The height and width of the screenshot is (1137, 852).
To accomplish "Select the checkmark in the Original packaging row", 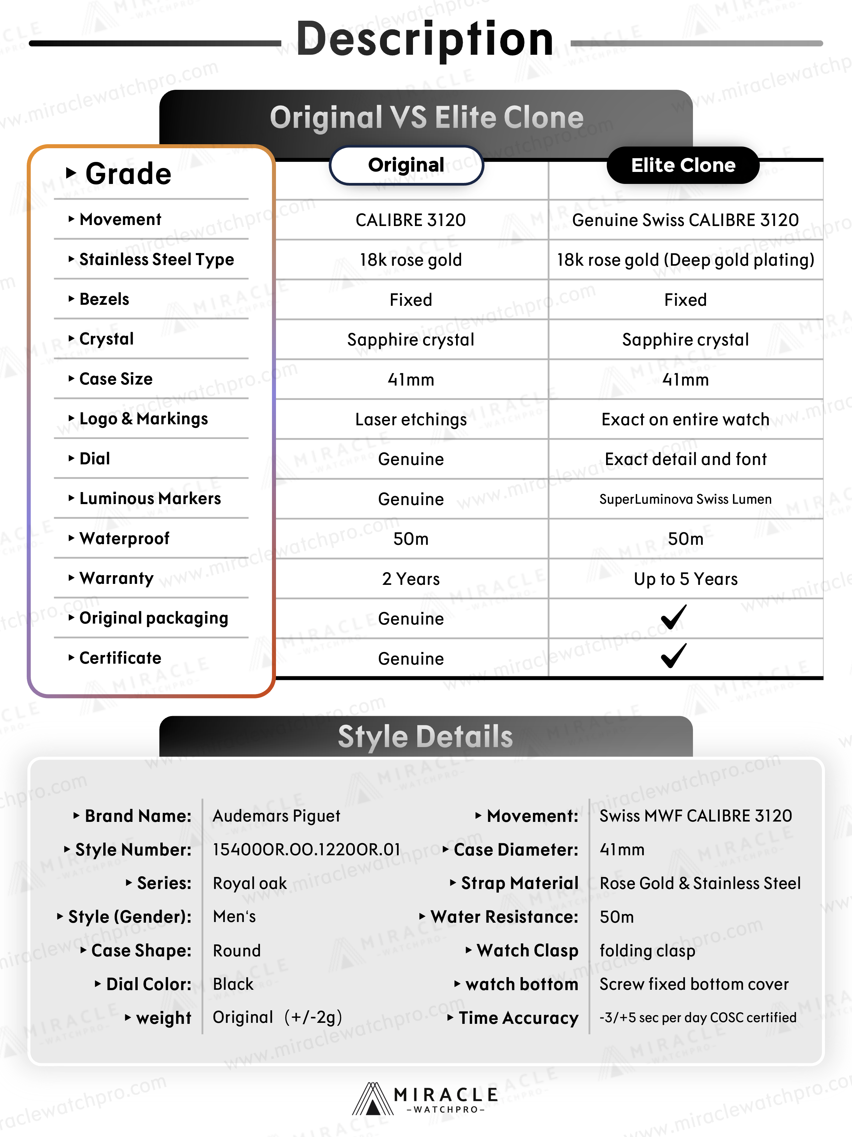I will (x=674, y=617).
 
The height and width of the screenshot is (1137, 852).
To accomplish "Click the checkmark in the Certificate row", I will (x=674, y=656).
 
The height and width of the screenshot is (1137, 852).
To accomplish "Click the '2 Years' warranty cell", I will (x=411, y=579).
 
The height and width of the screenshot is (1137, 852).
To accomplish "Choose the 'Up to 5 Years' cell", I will (x=685, y=579).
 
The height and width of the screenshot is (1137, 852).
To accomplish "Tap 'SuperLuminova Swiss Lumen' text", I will (x=685, y=499).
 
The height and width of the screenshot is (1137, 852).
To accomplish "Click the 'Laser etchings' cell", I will (x=411, y=419).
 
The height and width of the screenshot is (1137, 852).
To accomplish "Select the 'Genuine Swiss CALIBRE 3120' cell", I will (x=685, y=220).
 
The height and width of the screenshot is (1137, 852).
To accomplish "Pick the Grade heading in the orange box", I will (x=128, y=174).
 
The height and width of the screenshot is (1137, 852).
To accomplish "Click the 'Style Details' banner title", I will (x=425, y=737).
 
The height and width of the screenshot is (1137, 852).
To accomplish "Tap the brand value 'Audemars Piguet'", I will (x=276, y=816).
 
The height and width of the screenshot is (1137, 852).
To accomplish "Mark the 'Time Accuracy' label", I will (x=519, y=1018).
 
